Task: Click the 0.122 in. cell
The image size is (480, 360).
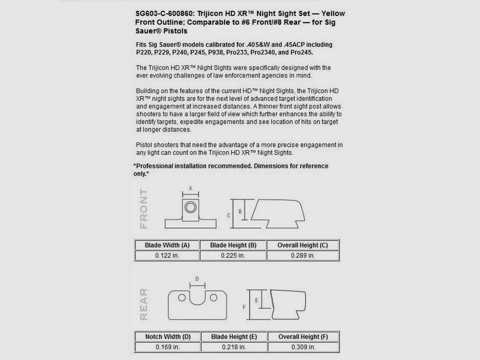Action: tap(167, 256)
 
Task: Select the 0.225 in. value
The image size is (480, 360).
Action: tap(233, 256)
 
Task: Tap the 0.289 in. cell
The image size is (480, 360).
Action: tap(303, 256)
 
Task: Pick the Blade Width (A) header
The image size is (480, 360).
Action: tap(167, 245)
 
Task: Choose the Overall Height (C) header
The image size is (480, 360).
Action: tap(303, 245)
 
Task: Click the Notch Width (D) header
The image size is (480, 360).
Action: tap(168, 337)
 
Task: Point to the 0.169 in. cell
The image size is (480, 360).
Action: tap(168, 347)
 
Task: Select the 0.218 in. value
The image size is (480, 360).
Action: tap(234, 347)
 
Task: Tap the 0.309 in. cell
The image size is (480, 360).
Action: tap(303, 347)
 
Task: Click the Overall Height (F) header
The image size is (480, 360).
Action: tap(303, 337)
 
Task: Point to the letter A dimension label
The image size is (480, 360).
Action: tap(190, 188)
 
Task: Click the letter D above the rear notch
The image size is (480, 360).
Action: tap(197, 279)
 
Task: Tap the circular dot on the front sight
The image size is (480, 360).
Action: tap(190, 207)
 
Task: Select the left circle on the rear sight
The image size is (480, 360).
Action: tap(182, 298)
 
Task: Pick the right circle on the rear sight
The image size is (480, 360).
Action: tap(214, 298)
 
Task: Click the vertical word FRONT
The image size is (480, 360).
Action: tap(144, 209)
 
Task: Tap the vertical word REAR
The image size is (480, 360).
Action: tap(144, 304)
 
